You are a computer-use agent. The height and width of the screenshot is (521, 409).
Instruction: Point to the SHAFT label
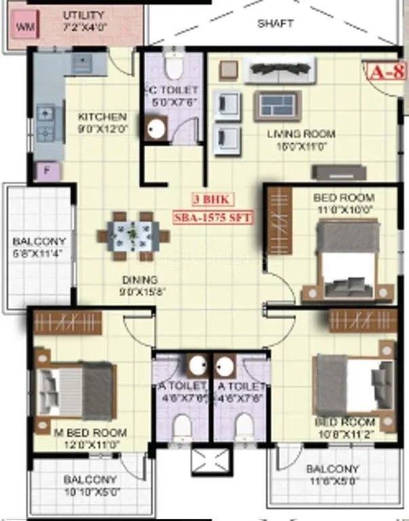coord(275,23)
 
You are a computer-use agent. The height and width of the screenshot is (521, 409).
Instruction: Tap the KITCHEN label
coord(102,116)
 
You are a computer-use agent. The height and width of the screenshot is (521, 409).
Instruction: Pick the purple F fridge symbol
coord(47,170)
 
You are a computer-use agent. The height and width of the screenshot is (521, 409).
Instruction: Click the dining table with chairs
coord(133,235)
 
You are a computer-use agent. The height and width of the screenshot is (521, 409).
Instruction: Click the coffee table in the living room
coord(277,107)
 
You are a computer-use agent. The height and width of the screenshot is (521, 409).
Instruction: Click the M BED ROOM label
coord(91,433)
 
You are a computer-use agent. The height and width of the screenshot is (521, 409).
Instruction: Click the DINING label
coord(139,279)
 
